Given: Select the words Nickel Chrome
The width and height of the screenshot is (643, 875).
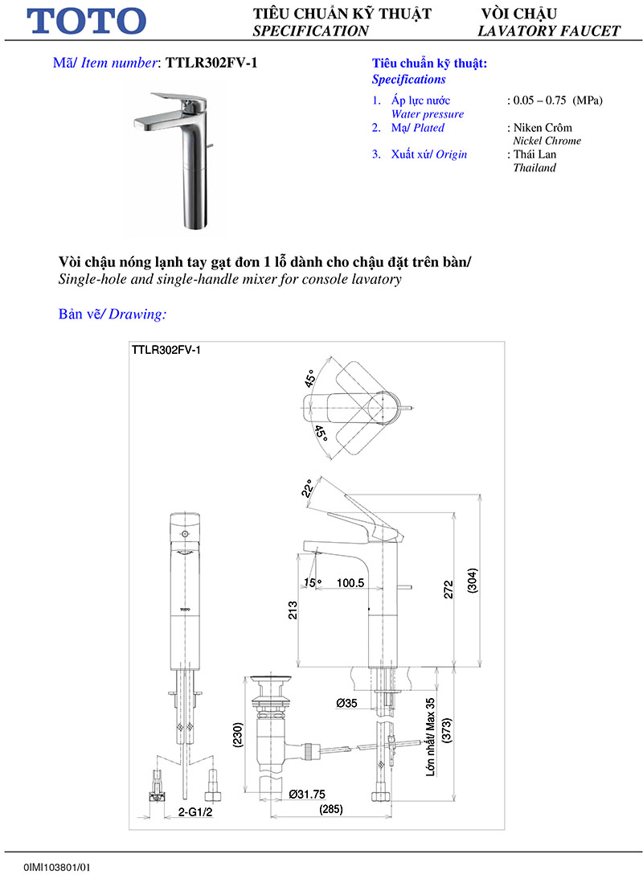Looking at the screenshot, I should (x=547, y=141).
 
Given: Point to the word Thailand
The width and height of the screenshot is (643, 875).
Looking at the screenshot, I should (x=534, y=168).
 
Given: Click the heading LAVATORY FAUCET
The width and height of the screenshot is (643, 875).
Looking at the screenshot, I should (x=549, y=31).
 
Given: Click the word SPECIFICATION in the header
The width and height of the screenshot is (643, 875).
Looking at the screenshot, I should (x=311, y=31).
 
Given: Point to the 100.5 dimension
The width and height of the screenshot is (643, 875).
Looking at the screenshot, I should (x=350, y=582).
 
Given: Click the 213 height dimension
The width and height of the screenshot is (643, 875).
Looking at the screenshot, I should (x=293, y=610).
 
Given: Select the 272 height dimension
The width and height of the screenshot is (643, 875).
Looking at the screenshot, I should (x=449, y=589).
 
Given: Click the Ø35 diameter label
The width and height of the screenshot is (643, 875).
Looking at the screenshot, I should (x=347, y=703).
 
